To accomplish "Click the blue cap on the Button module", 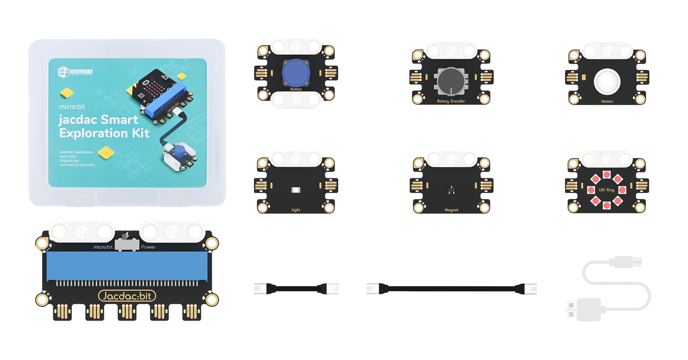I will pos(296,73).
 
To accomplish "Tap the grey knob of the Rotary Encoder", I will pos(451,81).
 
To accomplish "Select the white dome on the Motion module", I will pos(607,82).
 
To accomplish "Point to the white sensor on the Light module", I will pos(296,190).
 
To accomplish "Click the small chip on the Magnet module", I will pos(451,190).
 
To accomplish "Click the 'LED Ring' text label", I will pos(606,190).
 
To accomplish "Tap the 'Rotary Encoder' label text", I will pos(451,101).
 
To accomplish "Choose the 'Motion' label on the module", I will pos(607,101).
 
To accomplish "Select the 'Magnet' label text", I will pos(451,210).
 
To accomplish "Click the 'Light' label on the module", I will pos(296,210).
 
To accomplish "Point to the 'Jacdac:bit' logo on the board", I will pos(127,296).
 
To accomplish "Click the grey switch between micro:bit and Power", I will pos(127,245).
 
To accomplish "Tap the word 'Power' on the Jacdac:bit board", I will pos(148,247).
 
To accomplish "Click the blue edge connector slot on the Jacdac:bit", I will pos(127,266).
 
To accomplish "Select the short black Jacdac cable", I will pos(296,289).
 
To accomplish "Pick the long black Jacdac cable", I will pos(451,289).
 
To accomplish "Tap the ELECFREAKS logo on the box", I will pos(75,72).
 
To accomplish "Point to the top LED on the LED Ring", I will pos(607,175).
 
